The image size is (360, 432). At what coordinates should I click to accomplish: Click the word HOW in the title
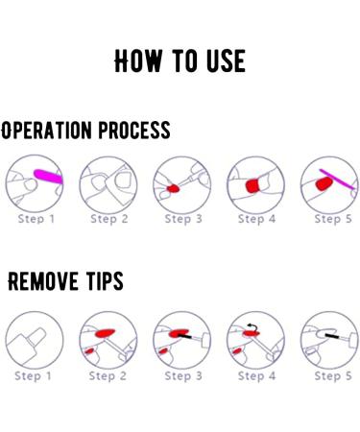138,60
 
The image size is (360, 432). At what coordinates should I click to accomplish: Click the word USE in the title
226,60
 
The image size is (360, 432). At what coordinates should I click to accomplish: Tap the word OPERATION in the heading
46,131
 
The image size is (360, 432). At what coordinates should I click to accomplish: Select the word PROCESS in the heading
134,130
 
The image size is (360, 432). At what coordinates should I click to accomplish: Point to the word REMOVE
43,281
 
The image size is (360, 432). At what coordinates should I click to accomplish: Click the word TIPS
105,281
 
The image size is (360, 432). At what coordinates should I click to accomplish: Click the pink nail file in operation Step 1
49,177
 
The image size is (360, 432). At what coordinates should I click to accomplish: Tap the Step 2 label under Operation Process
109,219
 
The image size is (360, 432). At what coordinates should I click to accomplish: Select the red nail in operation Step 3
173,188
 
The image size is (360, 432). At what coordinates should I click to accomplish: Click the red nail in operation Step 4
252,185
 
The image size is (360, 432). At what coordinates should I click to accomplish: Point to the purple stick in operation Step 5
337,180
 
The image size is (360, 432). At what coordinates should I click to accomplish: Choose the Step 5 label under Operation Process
333,219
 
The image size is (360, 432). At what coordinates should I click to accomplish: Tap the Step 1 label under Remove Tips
33,376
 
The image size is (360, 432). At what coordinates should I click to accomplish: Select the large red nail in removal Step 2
105,333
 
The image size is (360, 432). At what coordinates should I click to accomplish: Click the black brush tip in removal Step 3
184,336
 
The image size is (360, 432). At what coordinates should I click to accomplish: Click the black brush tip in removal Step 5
332,336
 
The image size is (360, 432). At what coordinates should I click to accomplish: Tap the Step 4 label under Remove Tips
256,376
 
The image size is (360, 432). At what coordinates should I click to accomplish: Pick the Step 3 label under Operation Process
183,219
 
